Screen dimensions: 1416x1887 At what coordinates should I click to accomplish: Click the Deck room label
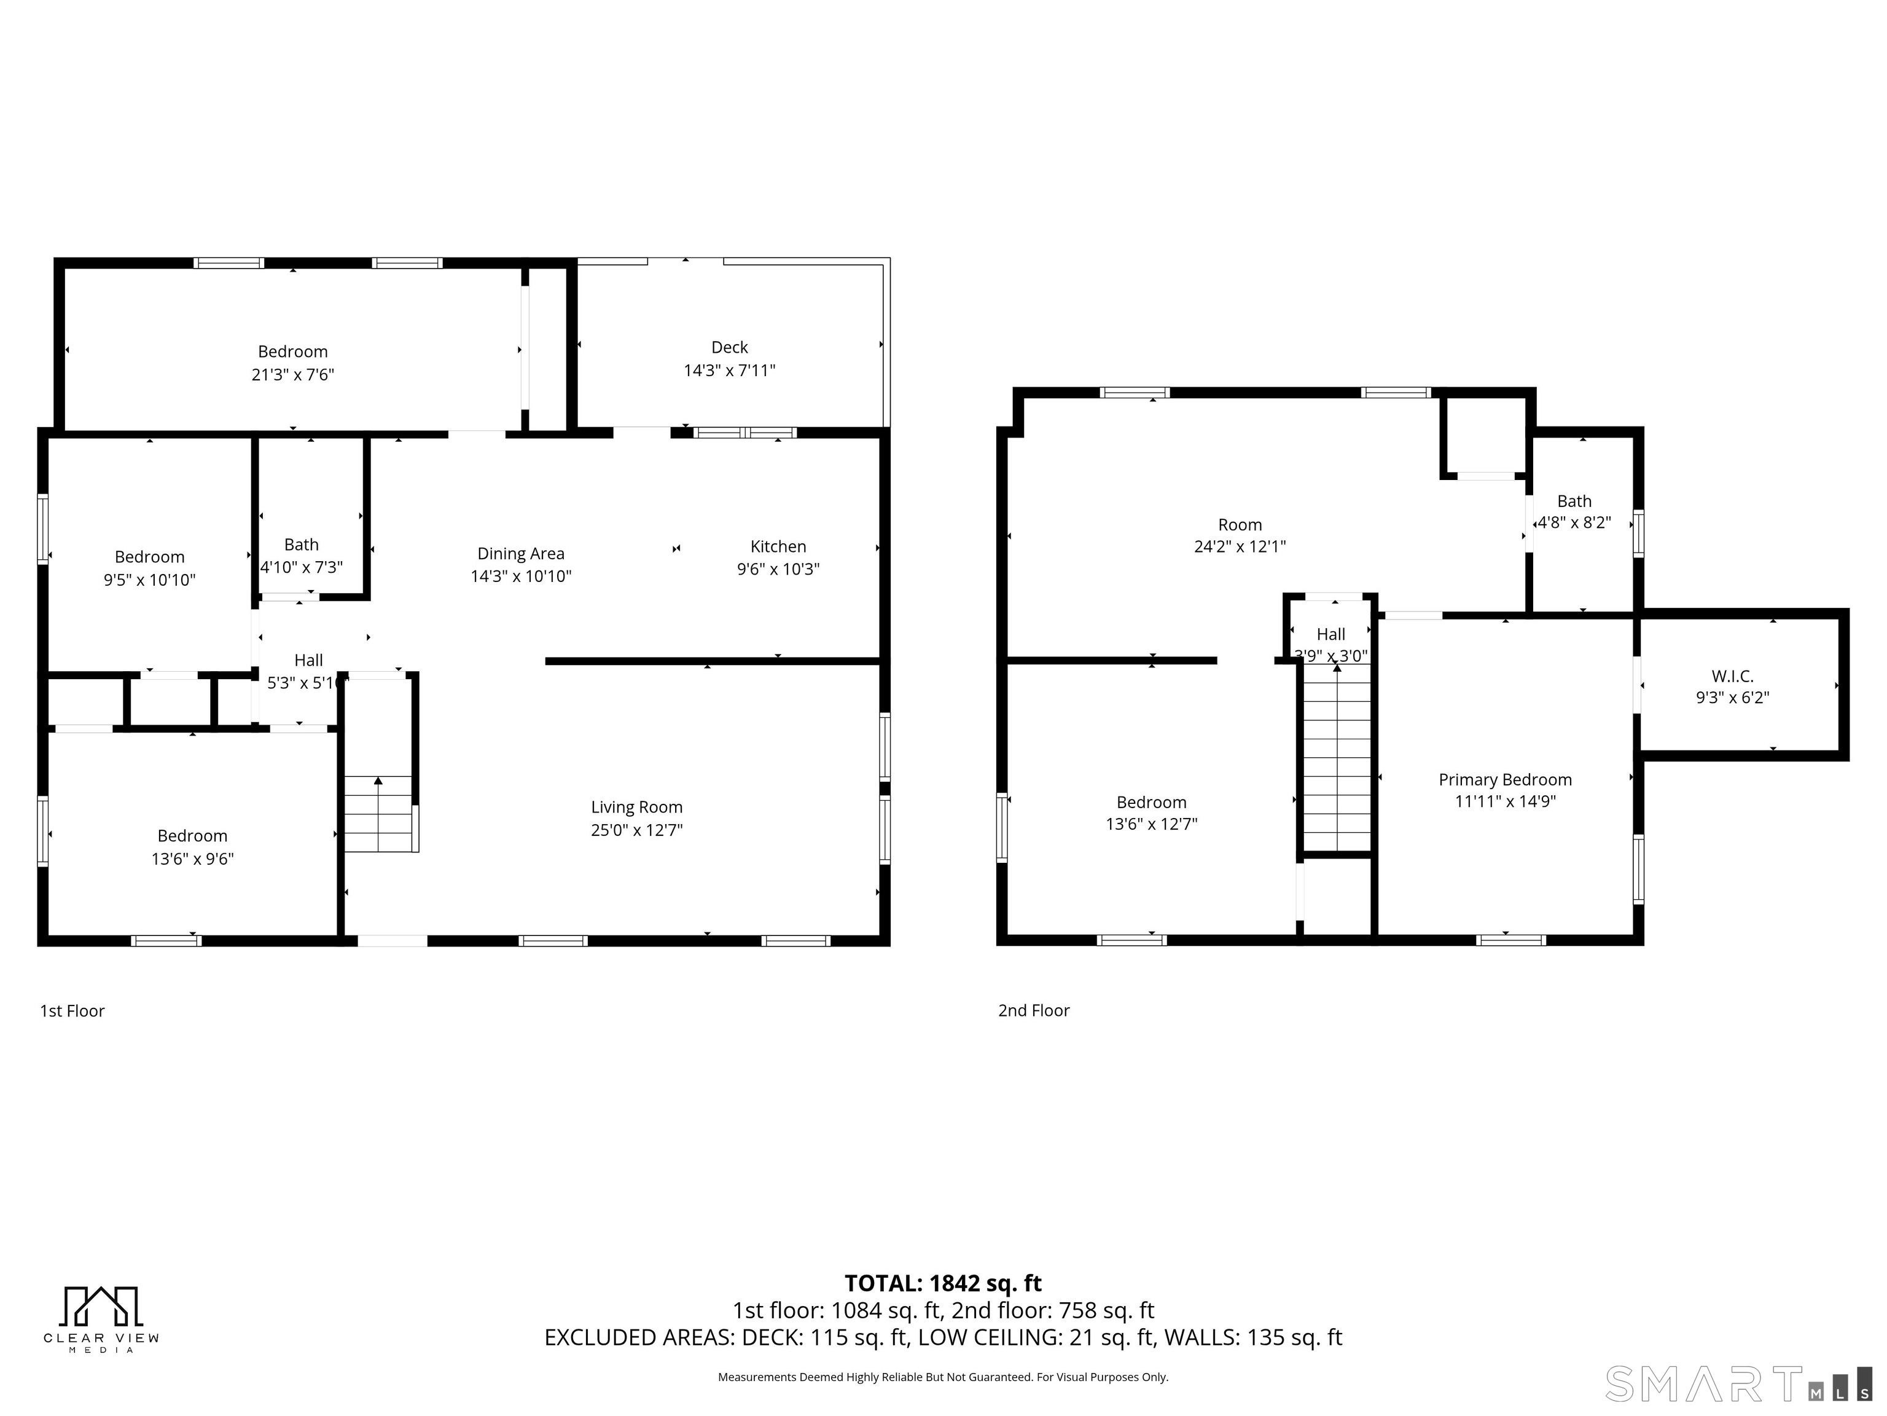click(x=729, y=347)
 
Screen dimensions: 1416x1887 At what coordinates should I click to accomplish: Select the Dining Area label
click(x=520, y=554)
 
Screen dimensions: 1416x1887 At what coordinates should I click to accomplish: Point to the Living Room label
click(x=636, y=808)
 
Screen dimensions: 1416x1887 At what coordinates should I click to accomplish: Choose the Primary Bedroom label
click(x=1505, y=779)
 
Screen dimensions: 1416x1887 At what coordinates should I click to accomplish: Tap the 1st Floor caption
click(x=72, y=1010)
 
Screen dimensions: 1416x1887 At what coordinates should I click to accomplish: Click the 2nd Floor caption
click(x=1033, y=1010)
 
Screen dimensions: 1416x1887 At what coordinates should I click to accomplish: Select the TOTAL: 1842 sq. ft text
click(x=943, y=1284)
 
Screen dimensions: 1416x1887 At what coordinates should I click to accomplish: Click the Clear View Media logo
click(x=101, y=1319)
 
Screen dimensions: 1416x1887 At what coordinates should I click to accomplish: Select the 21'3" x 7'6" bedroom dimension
click(x=292, y=375)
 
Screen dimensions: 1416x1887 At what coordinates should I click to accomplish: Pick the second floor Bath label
click(x=1574, y=501)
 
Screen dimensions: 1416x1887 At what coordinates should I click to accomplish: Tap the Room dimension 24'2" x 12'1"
click(x=1240, y=546)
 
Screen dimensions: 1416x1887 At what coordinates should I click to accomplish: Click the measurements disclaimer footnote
click(x=943, y=1377)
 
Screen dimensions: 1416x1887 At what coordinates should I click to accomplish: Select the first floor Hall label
click(x=308, y=660)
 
